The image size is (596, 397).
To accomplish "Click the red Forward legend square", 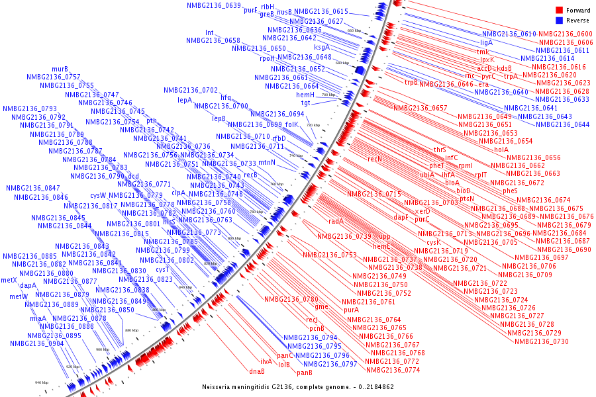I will [x=559, y=10].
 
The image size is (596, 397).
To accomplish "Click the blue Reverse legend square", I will [x=559, y=21].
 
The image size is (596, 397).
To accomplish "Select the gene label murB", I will [x=60, y=68].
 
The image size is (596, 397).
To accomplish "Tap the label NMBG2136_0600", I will [x=565, y=34].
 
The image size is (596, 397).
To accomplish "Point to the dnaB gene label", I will [x=257, y=371].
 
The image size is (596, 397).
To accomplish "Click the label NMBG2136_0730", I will [x=541, y=341].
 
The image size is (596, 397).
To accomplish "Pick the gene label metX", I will [x=9, y=280].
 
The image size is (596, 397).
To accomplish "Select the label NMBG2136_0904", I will [x=36, y=343].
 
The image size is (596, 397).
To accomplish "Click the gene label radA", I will [x=336, y=221].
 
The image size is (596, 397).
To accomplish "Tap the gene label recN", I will [x=375, y=159].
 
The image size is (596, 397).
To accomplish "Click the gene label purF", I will [x=250, y=11].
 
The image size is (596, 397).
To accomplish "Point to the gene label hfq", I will [x=226, y=97].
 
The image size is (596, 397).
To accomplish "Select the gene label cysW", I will [x=98, y=195].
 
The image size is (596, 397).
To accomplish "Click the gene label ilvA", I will [x=266, y=361].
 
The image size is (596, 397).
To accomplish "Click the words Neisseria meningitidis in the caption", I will [x=239, y=386].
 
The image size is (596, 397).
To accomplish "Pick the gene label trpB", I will [x=411, y=82].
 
